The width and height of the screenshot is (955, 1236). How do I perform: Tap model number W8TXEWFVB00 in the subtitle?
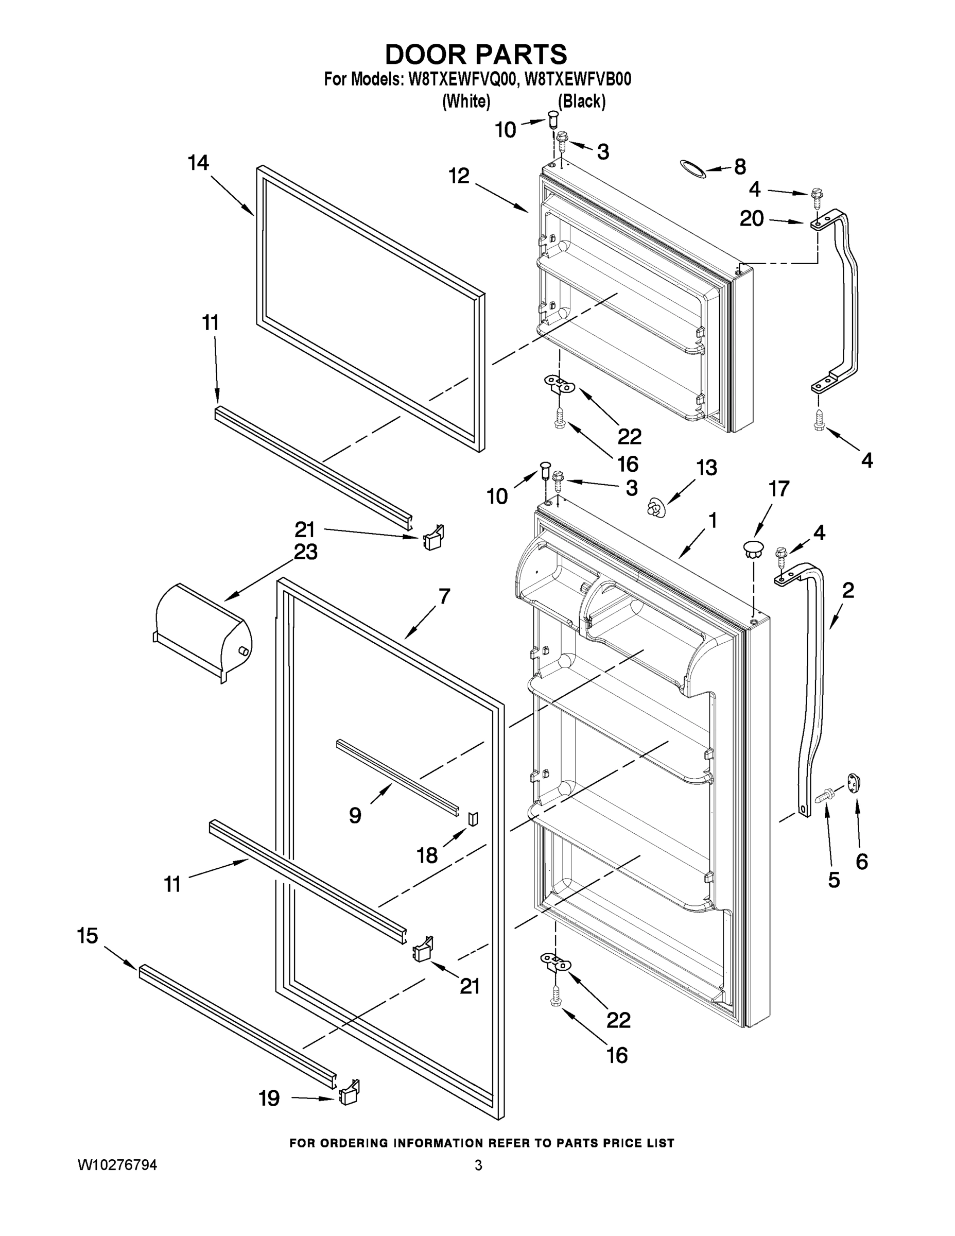578,79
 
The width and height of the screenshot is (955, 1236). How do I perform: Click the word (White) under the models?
465,101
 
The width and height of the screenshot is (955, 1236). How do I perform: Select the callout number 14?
199,163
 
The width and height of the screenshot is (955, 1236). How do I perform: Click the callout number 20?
752,218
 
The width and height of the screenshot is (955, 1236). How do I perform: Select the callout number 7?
444,596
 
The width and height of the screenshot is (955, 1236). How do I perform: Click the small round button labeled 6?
854,783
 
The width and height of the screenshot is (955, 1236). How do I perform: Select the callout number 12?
459,176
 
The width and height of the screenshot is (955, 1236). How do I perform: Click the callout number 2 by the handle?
847,590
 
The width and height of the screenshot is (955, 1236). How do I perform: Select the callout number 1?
713,520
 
